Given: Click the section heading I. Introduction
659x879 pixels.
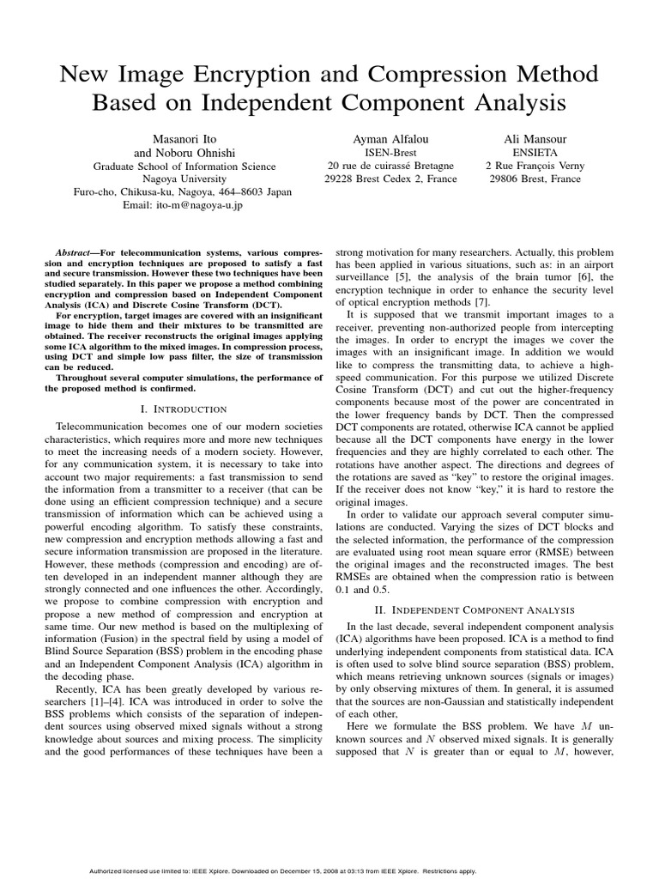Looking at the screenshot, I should [183, 409].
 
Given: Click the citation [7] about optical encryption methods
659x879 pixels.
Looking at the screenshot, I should [482, 301].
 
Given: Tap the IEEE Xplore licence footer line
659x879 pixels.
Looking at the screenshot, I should [283, 870].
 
